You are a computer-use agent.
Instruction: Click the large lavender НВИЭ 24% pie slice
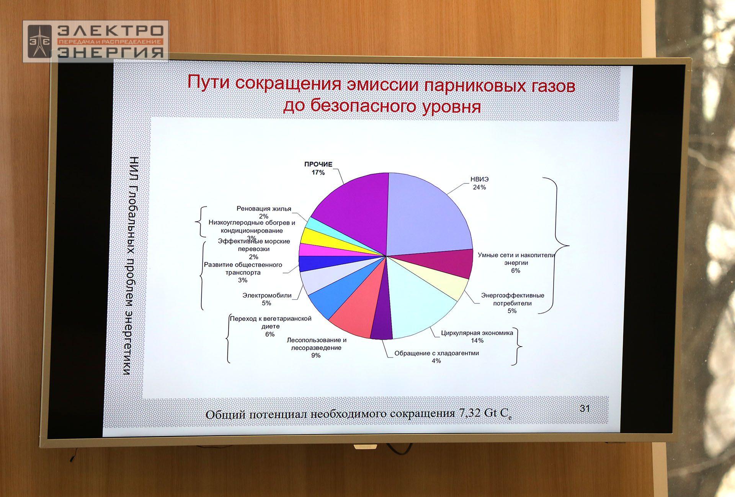(x=429, y=214)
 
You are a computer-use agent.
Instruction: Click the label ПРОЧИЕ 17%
(x=318, y=168)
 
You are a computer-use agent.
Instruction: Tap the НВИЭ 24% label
(x=479, y=183)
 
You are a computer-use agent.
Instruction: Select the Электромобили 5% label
(x=267, y=299)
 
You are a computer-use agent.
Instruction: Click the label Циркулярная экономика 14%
(x=477, y=337)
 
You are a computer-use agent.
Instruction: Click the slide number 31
(x=585, y=408)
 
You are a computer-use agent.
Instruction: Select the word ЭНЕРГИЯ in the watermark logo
(x=111, y=52)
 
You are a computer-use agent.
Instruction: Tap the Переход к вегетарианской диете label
(x=270, y=326)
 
